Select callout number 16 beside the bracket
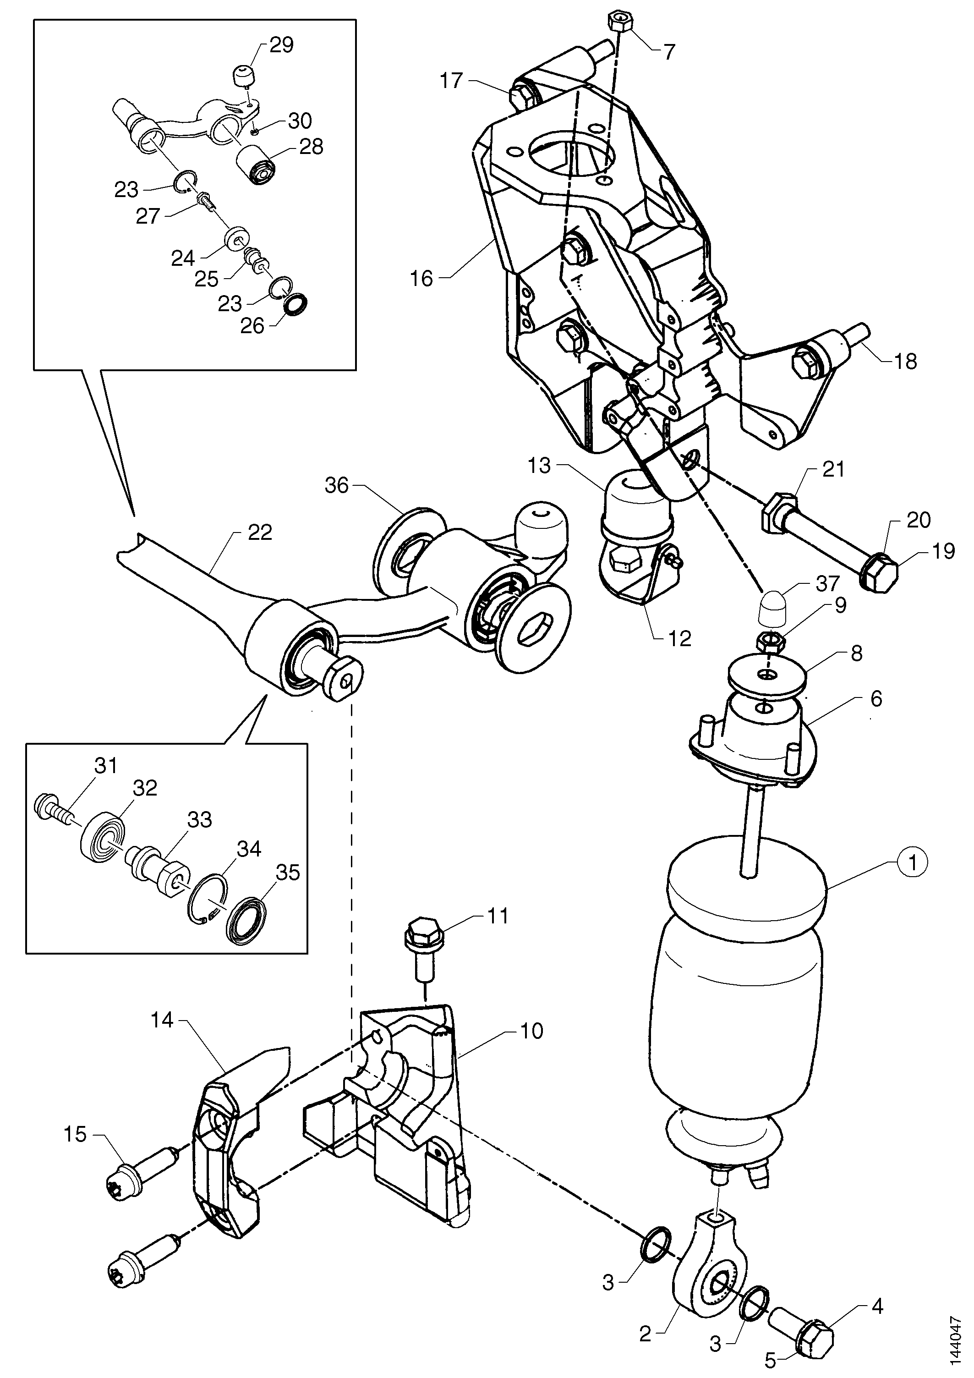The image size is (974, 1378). pos(422,279)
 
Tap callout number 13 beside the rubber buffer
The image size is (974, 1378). pos(540,466)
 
